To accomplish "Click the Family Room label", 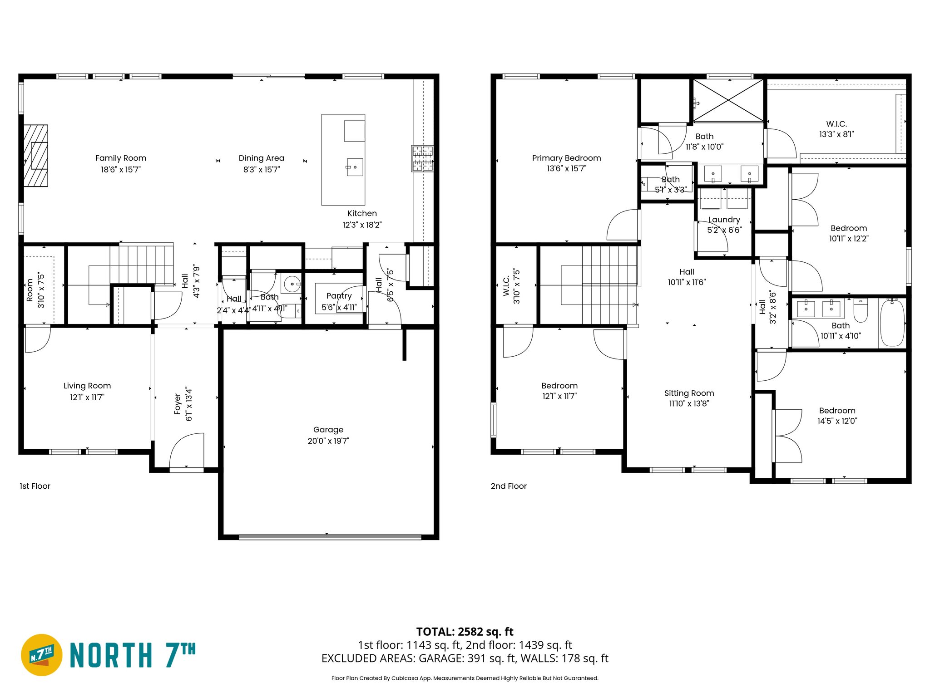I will (x=120, y=158).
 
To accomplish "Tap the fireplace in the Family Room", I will (x=36, y=156).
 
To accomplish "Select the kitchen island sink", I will (x=355, y=167).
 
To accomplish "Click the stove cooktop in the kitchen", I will (x=422, y=158).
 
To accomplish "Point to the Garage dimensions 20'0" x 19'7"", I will (x=328, y=441).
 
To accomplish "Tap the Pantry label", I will (x=339, y=296).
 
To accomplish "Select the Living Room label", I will (x=87, y=386).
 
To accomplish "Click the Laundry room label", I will (x=724, y=220).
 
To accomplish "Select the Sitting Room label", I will (x=689, y=393).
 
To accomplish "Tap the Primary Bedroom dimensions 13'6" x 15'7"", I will (x=566, y=169).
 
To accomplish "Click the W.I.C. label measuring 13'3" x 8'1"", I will (x=836, y=124).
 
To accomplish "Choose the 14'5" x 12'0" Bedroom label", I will (x=837, y=411).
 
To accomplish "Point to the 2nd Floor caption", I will (x=508, y=486).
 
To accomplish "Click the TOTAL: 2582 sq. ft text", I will (x=465, y=632).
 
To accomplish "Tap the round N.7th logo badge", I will (x=41, y=655).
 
